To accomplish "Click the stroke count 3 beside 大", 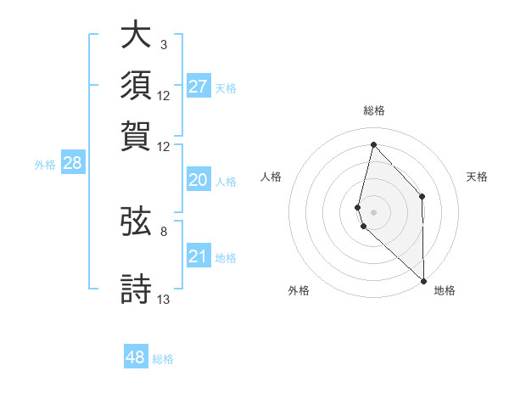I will click(164, 44).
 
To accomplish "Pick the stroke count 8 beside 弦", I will click(164, 231).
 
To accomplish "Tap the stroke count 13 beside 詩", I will click(164, 299).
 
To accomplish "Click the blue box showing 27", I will click(199, 87).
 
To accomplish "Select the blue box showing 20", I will click(199, 180).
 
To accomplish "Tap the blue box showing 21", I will click(199, 256).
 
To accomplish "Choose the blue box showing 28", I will click(72, 164).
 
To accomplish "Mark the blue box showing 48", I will click(136, 357).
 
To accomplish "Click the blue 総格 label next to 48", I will click(163, 359).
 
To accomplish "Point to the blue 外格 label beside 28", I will click(45, 166).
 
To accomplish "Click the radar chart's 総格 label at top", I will click(374, 110).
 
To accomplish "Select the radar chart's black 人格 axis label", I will click(271, 177).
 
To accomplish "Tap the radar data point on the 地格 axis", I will click(424, 280).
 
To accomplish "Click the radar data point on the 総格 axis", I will click(373, 144).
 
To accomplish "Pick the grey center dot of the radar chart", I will click(374, 211).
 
